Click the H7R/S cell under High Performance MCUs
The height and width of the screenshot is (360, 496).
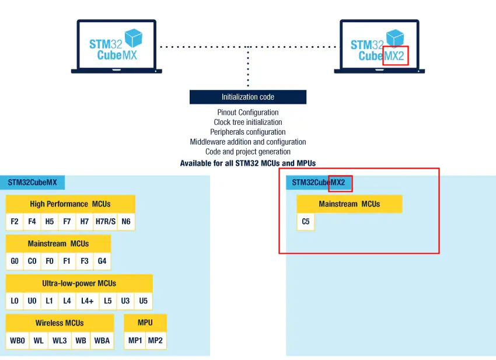(106, 222)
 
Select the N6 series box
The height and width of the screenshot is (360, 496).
(126, 222)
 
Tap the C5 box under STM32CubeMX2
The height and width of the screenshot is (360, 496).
(306, 222)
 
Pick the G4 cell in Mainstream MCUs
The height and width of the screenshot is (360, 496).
(102, 261)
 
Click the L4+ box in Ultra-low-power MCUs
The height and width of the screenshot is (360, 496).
(88, 301)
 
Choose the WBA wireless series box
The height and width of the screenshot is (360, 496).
(102, 341)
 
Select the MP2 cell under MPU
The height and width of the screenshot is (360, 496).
(155, 341)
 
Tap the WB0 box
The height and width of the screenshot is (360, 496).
(18, 341)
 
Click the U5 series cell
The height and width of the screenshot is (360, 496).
(144, 301)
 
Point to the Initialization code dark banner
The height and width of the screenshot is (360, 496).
(248, 97)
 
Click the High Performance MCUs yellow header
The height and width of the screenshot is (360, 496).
(71, 204)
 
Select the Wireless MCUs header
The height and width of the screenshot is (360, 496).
(60, 323)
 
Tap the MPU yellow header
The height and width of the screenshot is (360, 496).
(145, 323)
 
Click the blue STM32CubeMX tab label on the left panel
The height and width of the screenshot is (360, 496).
(32, 183)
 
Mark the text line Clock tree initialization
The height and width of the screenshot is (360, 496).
(248, 122)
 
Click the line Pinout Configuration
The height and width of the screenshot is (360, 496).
(248, 112)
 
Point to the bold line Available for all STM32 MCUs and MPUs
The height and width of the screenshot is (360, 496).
(248, 163)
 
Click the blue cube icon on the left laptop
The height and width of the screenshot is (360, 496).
(134, 38)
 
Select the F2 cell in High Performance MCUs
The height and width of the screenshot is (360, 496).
(15, 222)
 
